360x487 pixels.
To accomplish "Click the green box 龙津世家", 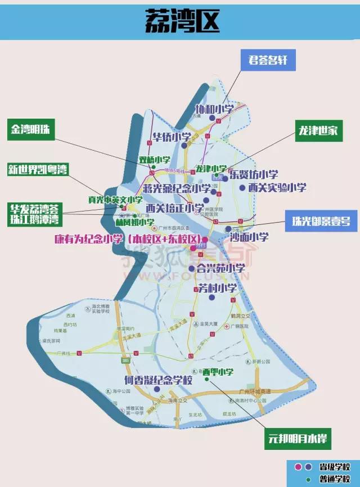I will (x=318, y=130).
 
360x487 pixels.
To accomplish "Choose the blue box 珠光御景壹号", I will (x=321, y=220).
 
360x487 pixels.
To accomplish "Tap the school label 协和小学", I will (x=214, y=109).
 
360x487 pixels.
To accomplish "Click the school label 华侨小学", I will (x=172, y=137).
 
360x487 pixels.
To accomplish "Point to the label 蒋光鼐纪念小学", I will (x=177, y=188).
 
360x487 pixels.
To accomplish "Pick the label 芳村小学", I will (x=217, y=288).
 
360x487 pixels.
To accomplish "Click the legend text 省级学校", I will (x=334, y=467).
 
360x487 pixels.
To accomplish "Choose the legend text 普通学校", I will (x=334, y=480).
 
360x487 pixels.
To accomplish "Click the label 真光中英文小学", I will (x=112, y=200).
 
